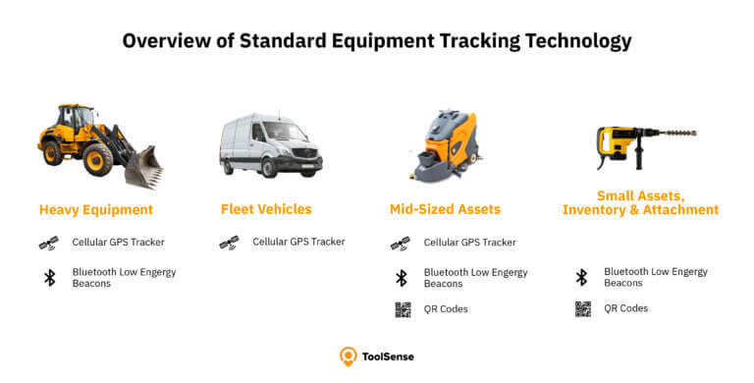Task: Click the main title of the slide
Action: point(377,41)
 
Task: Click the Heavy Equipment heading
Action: point(96,209)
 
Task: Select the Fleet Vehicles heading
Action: point(266,209)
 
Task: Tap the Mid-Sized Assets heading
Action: point(445,209)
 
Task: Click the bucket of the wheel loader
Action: point(143,167)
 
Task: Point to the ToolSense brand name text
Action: point(389,356)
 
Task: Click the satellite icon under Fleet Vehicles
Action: point(228,242)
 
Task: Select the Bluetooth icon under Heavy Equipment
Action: point(49,277)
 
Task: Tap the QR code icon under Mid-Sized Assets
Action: point(402,309)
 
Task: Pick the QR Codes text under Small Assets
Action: point(625,308)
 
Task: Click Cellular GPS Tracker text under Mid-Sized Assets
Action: point(469,242)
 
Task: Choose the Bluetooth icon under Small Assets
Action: point(581,277)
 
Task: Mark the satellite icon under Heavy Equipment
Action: point(48,242)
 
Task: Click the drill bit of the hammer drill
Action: point(676,132)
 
